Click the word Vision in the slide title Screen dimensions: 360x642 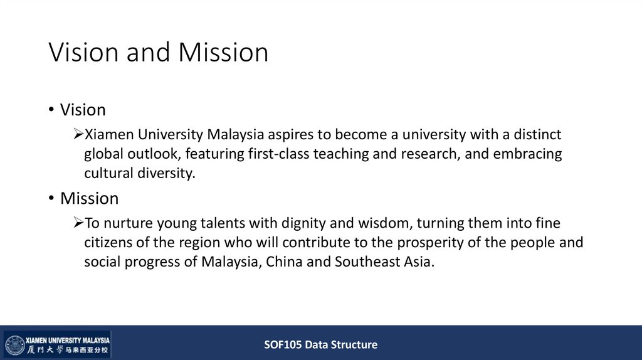click(83, 52)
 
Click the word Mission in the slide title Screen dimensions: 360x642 click(223, 52)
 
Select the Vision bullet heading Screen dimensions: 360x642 click(83, 110)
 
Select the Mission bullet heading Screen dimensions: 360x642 click(89, 198)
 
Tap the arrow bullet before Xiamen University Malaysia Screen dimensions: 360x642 click(78, 134)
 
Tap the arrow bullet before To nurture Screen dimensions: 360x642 click(78, 223)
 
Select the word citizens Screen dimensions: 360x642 click(108, 243)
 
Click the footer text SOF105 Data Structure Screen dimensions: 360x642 click(320, 344)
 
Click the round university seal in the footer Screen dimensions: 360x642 click(14, 345)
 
